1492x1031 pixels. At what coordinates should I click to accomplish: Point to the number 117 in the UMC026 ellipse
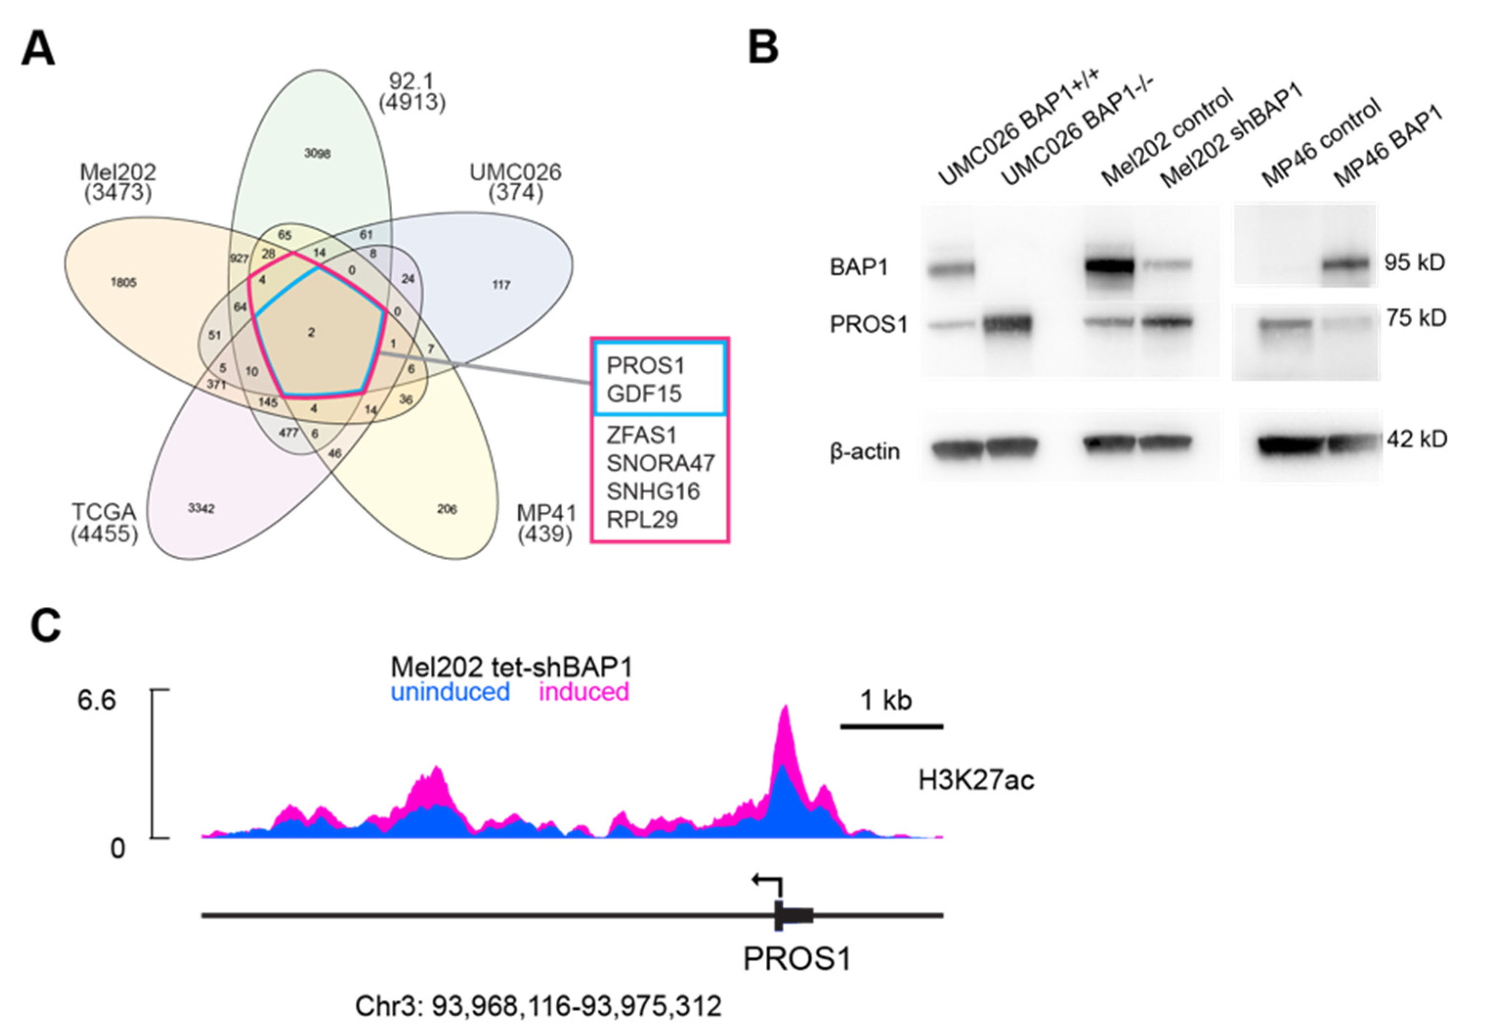point(501,284)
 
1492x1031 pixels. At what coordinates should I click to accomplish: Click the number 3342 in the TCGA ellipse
point(201,508)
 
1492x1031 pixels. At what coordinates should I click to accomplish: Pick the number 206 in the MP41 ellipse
point(447,509)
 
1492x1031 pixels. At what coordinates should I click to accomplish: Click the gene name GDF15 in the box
point(644,393)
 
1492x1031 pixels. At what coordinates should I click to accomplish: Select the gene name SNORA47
point(660,463)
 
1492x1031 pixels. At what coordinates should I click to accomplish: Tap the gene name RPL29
point(642,519)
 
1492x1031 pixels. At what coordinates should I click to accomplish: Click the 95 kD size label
point(1414,262)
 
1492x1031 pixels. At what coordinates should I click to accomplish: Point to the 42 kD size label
point(1416,439)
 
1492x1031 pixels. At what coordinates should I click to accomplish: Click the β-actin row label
point(864,451)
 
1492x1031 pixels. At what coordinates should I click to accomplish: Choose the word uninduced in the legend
point(450,692)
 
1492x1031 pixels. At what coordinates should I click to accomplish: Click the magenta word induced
point(584,692)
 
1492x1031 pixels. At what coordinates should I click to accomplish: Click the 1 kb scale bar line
point(892,727)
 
